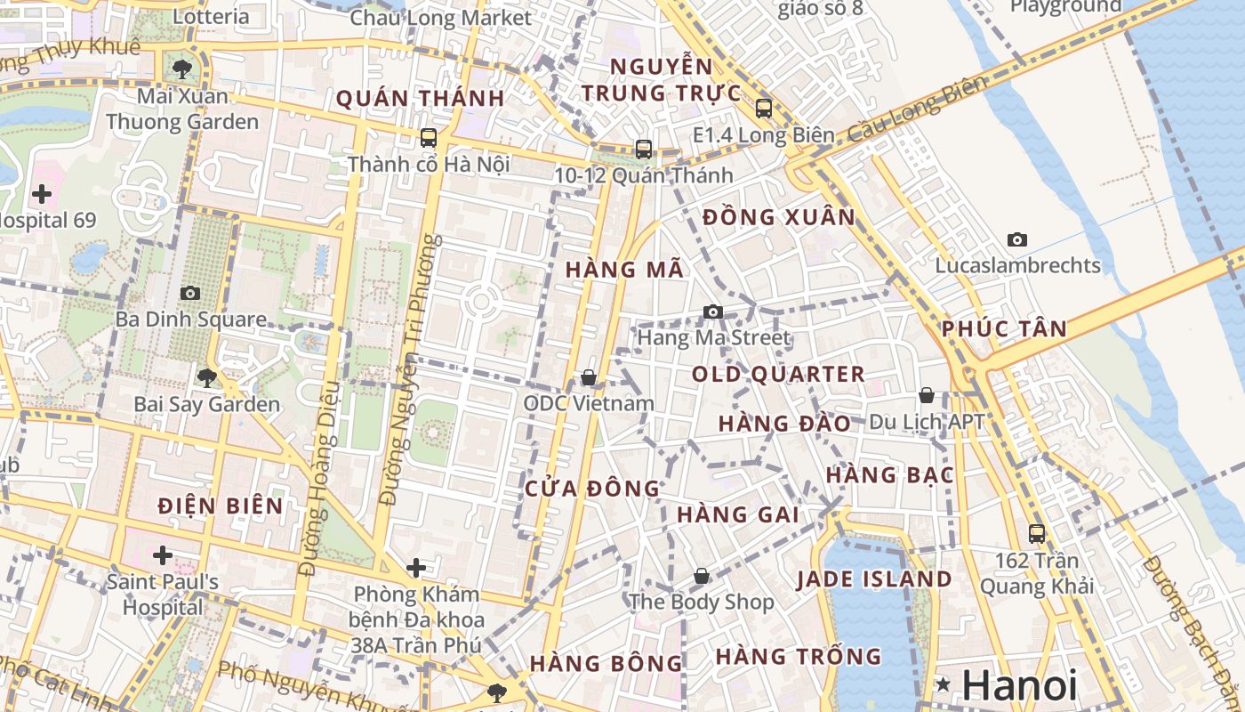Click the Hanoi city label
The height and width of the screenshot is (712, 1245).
click(1019, 685)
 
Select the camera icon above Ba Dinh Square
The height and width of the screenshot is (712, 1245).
click(189, 293)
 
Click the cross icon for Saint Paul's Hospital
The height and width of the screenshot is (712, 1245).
click(163, 555)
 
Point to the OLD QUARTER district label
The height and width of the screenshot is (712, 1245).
click(778, 374)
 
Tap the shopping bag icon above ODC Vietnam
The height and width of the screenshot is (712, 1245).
click(588, 378)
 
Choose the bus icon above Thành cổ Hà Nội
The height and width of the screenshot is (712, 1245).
click(429, 137)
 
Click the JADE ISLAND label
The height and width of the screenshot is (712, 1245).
click(874, 579)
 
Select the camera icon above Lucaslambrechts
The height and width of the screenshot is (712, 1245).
click(1017, 239)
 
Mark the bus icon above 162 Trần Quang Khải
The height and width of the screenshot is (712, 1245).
click(1037, 534)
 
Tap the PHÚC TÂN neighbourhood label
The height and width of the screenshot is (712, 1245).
click(1004, 328)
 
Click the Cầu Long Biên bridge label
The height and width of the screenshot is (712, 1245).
click(917, 109)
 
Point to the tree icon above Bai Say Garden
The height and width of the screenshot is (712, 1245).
click(206, 378)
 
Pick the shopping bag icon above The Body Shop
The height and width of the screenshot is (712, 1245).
click(702, 576)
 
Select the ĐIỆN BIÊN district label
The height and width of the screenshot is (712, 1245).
click(221, 506)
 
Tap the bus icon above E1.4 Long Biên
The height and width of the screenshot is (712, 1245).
click(763, 109)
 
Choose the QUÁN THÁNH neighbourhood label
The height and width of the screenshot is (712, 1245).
click(420, 98)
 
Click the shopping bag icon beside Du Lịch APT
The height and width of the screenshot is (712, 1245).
click(927, 395)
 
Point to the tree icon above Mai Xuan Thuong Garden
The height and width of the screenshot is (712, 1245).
click(182, 69)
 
